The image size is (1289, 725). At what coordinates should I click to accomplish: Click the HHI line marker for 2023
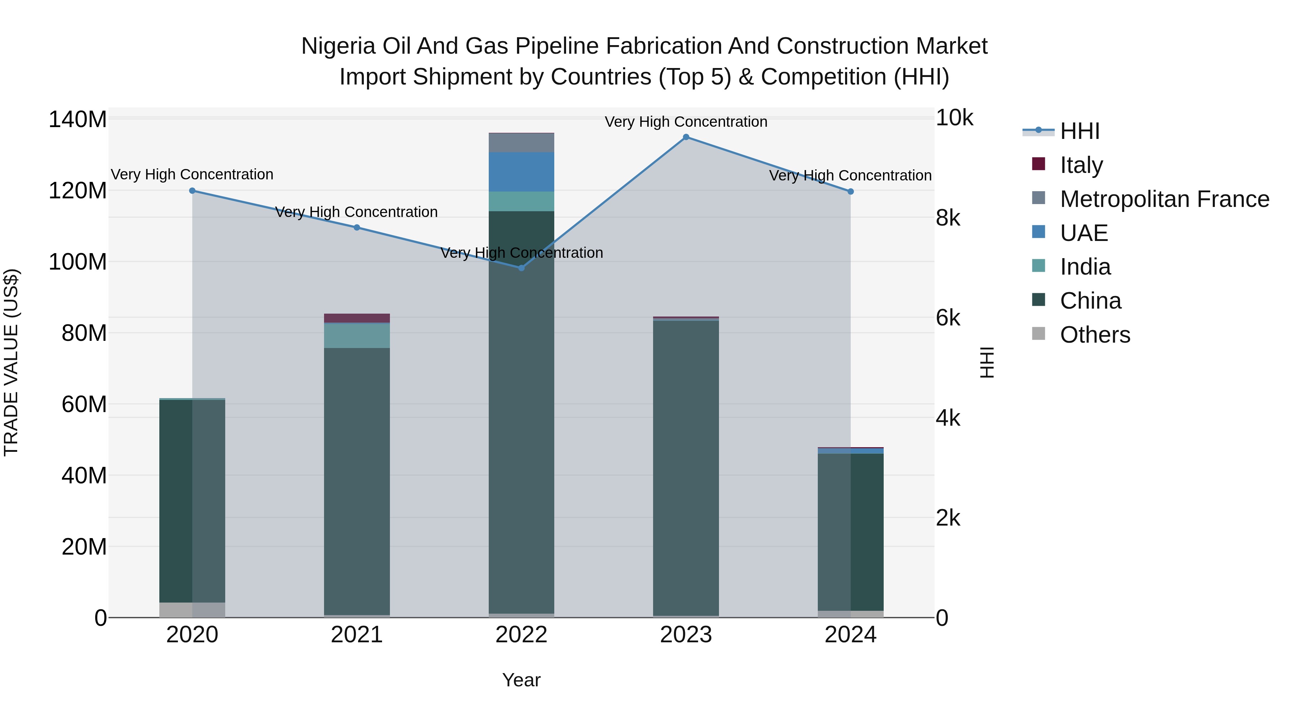[x=686, y=137]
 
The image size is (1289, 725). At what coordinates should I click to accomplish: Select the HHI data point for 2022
[x=521, y=268]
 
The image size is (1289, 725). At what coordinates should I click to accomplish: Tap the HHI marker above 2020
[x=192, y=190]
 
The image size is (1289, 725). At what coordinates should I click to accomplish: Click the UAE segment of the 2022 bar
[x=521, y=171]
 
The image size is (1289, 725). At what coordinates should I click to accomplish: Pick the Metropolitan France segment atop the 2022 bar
[x=521, y=142]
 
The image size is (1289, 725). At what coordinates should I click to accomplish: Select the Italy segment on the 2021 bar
[x=357, y=318]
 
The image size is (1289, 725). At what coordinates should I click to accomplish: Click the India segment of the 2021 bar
[x=357, y=336]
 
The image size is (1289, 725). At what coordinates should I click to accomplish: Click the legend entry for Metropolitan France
[x=1164, y=199]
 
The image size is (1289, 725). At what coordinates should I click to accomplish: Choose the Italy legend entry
[x=1081, y=165]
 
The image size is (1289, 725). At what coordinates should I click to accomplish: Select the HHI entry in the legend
[x=1079, y=131]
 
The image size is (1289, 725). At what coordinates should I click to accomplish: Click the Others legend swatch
[x=1038, y=334]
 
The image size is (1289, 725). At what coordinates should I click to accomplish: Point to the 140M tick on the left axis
[x=78, y=120]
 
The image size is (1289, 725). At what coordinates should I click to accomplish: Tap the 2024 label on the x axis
[x=850, y=635]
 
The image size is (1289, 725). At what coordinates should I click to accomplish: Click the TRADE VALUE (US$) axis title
[x=11, y=362]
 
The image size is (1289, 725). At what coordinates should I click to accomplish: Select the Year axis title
[x=521, y=680]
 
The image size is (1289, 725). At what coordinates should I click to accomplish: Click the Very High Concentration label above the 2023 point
[x=686, y=122]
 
